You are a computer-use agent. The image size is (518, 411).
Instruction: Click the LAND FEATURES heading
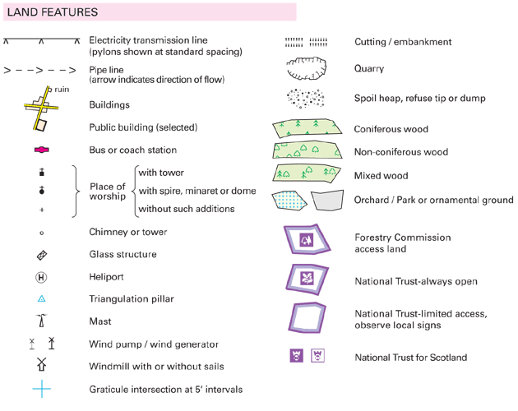pyautogui.click(x=53, y=12)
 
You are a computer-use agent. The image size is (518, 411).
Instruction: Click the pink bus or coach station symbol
pyautogui.click(x=42, y=150)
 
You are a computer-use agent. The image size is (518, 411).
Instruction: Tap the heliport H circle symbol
pyautogui.click(x=42, y=278)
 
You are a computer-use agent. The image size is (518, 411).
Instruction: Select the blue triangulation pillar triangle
pyautogui.click(x=42, y=299)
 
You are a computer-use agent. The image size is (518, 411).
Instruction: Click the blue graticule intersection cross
pyautogui.click(x=42, y=389)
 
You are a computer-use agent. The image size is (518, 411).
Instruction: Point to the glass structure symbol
pyautogui.click(x=42, y=256)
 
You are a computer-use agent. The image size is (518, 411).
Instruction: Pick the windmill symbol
pyautogui.click(x=42, y=366)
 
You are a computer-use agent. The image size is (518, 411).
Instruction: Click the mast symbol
pyautogui.click(x=41, y=321)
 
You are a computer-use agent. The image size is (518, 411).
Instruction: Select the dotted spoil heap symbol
pyautogui.click(x=305, y=99)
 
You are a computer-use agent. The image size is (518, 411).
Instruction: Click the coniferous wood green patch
pyautogui.click(x=306, y=128)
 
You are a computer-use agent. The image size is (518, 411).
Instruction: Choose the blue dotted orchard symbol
pyautogui.click(x=290, y=200)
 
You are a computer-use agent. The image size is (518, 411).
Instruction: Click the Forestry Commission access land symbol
pyautogui.click(x=307, y=240)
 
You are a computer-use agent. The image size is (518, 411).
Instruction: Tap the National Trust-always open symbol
pyautogui.click(x=306, y=279)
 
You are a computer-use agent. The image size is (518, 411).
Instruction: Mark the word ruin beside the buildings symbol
pyautogui.click(x=60, y=88)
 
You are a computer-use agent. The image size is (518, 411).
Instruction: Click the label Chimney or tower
pyautogui.click(x=127, y=233)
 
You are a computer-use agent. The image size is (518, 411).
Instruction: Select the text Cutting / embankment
pyautogui.click(x=403, y=42)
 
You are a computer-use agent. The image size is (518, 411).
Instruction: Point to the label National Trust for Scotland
pyautogui.click(x=410, y=358)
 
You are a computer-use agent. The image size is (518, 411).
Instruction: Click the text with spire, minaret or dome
pyautogui.click(x=197, y=192)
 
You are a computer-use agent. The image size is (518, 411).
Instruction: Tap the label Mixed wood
pyautogui.click(x=381, y=176)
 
